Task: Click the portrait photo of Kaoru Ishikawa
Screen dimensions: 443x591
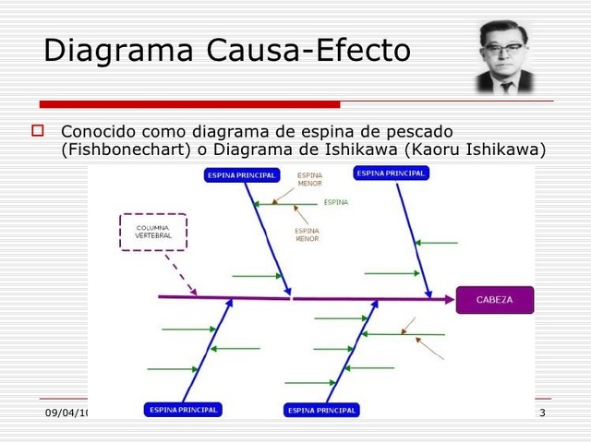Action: point(505,57)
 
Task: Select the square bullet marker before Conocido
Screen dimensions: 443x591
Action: point(38,131)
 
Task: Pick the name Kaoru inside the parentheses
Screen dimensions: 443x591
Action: point(442,150)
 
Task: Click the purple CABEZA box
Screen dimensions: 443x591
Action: point(494,300)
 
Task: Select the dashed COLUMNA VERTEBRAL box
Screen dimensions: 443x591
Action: point(153,232)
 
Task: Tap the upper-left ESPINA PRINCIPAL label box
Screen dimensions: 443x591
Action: point(241,175)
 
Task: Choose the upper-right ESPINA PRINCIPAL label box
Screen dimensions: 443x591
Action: point(391,173)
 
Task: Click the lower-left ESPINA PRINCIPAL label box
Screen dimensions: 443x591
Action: point(183,410)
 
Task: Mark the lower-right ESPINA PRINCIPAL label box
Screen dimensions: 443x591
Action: point(321,410)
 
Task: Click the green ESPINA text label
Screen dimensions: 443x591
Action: point(336,203)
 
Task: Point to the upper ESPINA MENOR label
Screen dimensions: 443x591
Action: point(309,179)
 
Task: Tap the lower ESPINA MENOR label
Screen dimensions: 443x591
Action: point(307,234)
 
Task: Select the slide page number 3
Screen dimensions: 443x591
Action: point(542,412)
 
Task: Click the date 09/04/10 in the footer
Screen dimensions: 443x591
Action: point(68,413)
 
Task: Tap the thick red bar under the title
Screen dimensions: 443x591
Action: point(189,104)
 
